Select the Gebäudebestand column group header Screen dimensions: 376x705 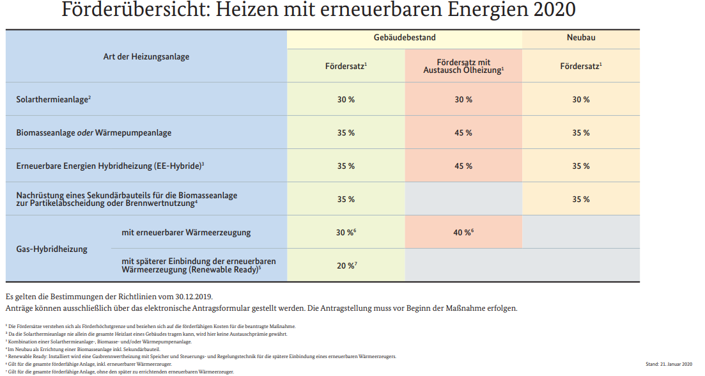(405, 38)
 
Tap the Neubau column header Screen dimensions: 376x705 (581, 38)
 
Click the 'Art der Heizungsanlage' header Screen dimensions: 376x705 (146, 57)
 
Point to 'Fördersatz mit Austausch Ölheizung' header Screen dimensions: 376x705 (463, 65)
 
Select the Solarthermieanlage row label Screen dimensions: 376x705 (54, 100)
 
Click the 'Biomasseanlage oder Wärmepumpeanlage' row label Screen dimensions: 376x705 (93, 133)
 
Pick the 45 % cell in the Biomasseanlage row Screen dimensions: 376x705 (463, 133)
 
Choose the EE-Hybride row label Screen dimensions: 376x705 (110, 166)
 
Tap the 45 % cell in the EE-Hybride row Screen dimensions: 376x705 (463, 166)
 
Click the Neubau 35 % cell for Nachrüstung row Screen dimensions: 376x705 (580, 200)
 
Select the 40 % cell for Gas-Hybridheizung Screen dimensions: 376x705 (463, 233)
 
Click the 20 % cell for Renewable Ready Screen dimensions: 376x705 (346, 265)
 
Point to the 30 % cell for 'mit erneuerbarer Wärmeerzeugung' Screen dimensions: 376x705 (346, 233)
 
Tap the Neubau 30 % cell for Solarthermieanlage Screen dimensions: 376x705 (580, 100)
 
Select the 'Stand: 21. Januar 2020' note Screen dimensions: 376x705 (669, 364)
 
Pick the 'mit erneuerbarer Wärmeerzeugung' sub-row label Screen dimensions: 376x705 (186, 232)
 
